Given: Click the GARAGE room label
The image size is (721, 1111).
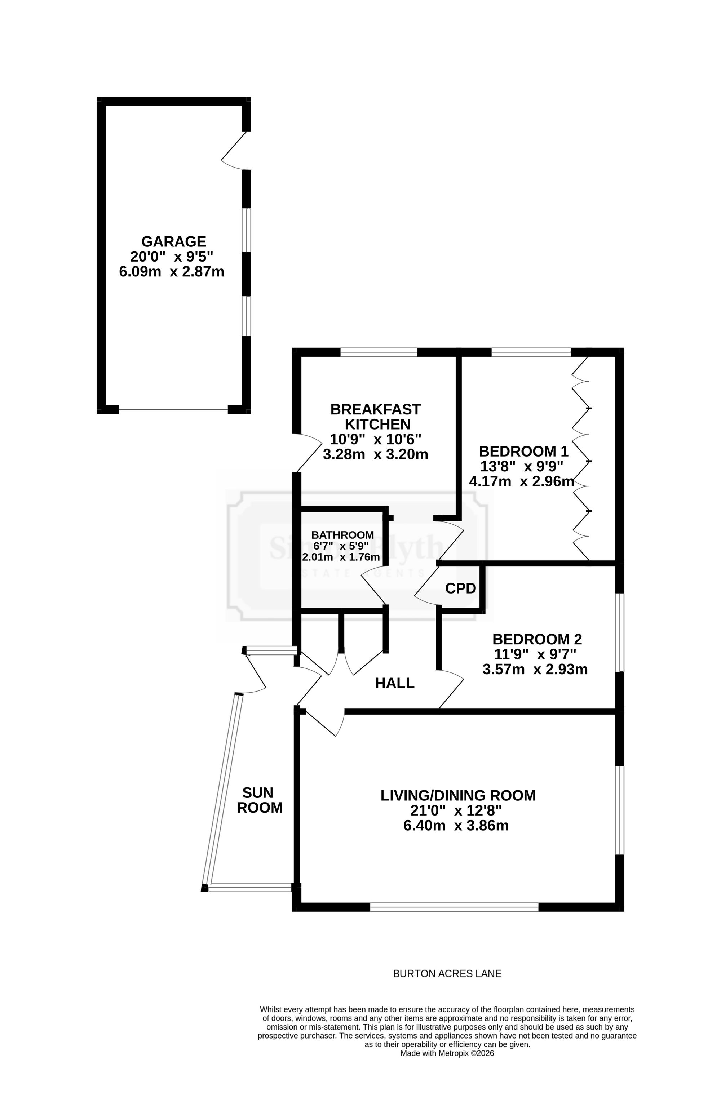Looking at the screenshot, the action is click(171, 238).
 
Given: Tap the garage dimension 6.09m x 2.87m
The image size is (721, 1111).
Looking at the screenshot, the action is click(169, 267).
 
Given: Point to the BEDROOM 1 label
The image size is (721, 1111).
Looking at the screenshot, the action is click(516, 444).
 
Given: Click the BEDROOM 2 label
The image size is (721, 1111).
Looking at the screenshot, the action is click(529, 629).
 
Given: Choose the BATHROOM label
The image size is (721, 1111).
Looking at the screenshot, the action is click(337, 526).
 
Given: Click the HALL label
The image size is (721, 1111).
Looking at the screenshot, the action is click(389, 673).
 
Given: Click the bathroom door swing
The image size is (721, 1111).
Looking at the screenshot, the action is click(369, 576).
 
